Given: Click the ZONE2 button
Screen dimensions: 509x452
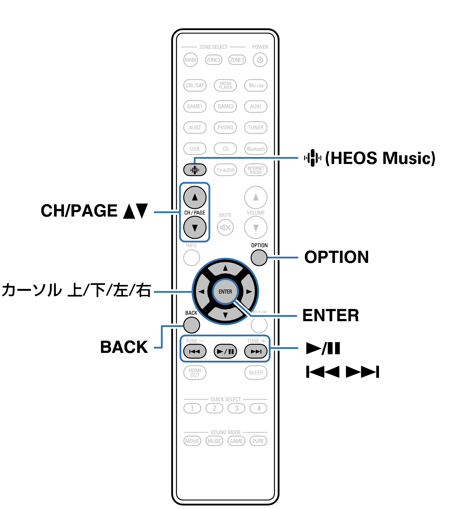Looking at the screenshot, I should click(213, 60).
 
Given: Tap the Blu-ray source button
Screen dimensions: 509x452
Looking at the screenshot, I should click(256, 85).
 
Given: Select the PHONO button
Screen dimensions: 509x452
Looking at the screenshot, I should click(225, 127).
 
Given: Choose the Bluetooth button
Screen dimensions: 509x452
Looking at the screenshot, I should click(256, 149).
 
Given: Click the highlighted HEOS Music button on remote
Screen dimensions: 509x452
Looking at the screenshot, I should click(195, 170).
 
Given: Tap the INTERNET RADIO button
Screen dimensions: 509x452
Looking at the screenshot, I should click(256, 170).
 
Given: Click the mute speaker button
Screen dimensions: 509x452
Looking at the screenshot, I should click(225, 227).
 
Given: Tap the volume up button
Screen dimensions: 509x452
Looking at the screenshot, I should click(256, 197).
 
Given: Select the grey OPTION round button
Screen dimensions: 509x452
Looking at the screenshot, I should click(259, 257).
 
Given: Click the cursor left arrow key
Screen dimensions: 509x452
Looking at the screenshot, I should click(201, 292).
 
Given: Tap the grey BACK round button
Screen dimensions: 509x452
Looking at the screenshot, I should click(192, 325).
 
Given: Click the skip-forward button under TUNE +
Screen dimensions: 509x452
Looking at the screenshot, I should click(256, 352).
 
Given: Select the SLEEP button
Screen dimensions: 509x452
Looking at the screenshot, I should click(256, 373).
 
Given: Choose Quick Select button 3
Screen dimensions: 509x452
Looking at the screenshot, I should click(236, 408).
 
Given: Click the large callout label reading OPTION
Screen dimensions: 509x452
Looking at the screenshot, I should click(336, 257).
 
